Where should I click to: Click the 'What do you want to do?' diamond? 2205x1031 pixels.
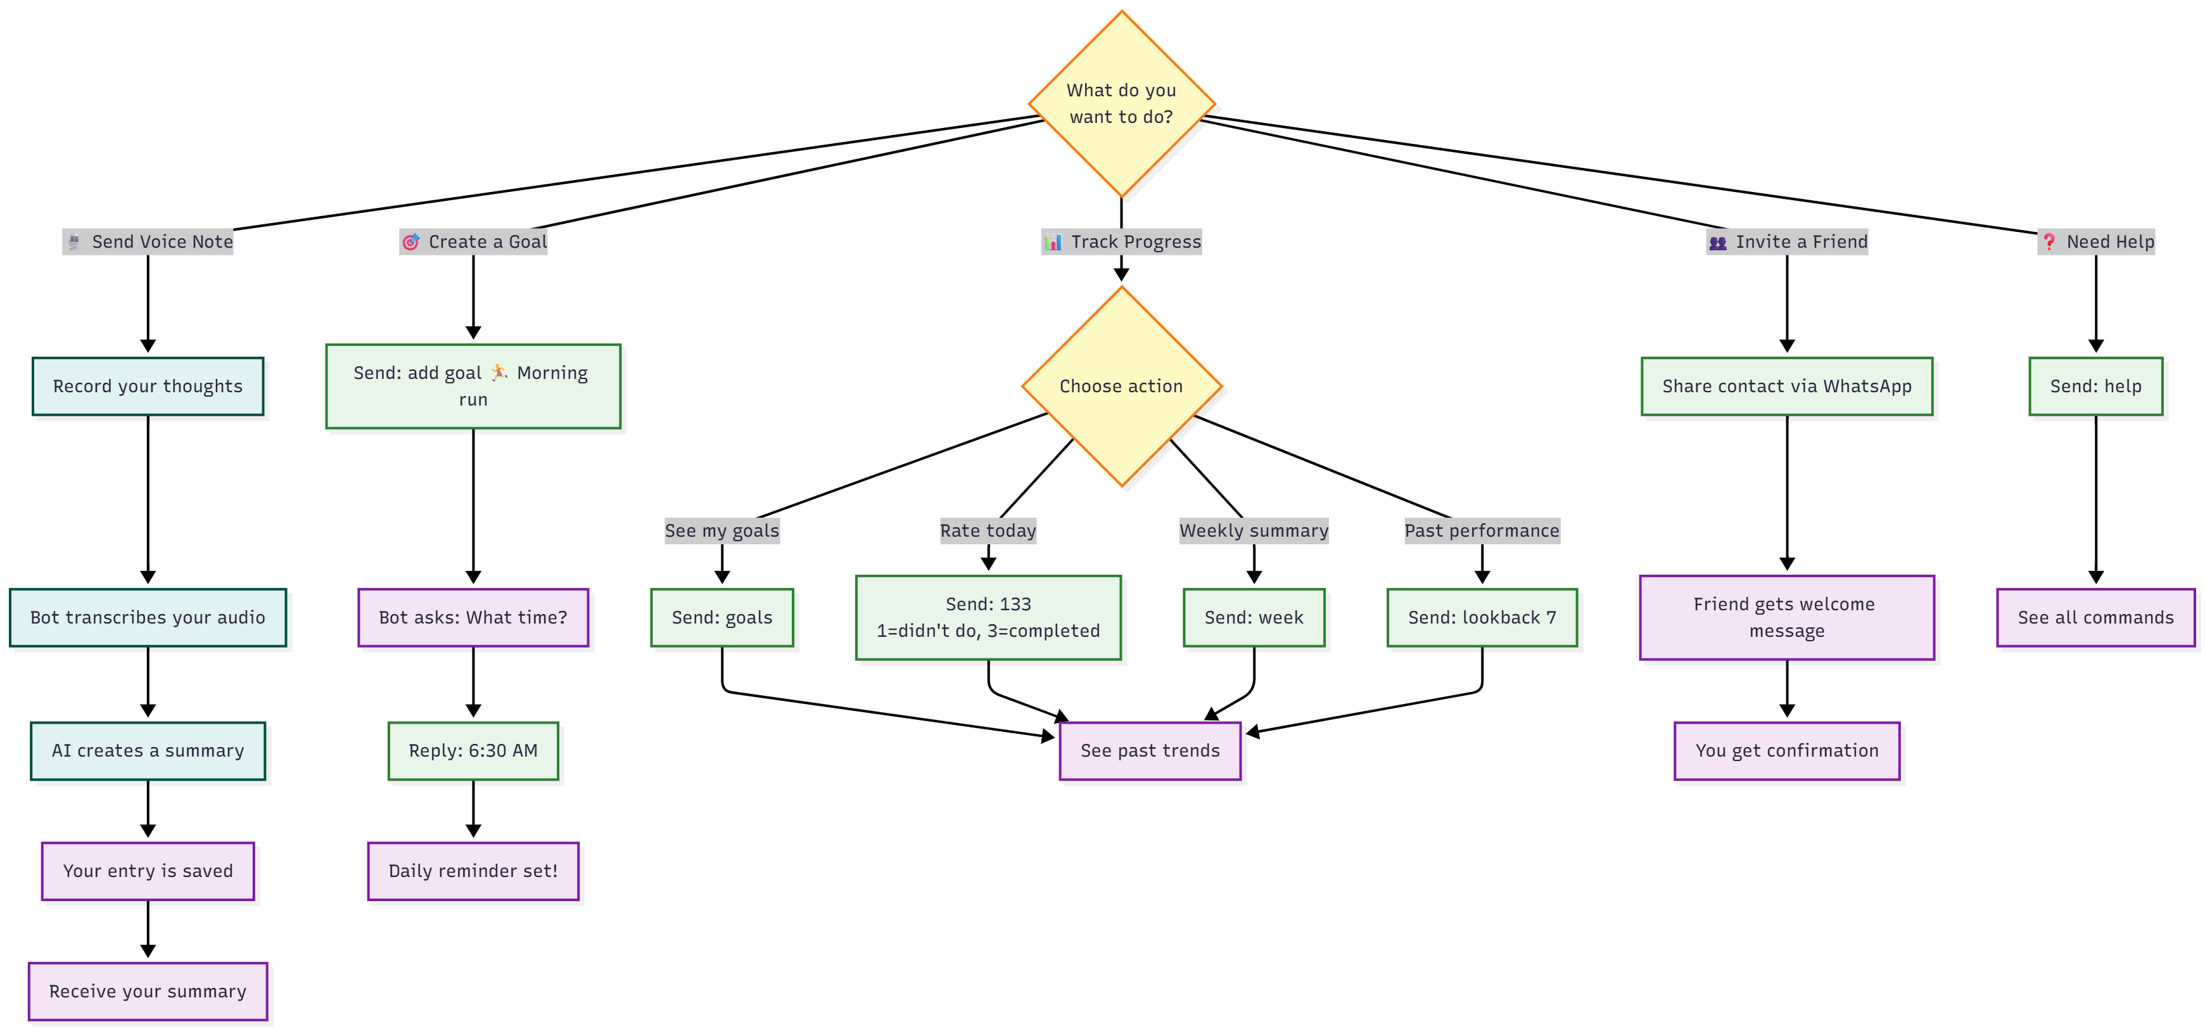pyautogui.click(x=1121, y=104)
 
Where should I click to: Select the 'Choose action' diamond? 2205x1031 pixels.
pyautogui.click(x=1121, y=386)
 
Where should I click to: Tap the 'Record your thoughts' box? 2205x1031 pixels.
pyautogui.click(x=148, y=386)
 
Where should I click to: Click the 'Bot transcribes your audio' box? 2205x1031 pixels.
pyautogui.click(x=148, y=617)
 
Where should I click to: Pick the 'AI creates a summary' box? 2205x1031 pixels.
pyautogui.click(x=148, y=751)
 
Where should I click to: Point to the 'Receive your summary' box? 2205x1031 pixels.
pyautogui.click(x=148, y=992)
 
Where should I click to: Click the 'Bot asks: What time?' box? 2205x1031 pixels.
pyautogui.click(x=473, y=617)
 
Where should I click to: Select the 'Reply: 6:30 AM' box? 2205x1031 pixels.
pyautogui.click(x=473, y=751)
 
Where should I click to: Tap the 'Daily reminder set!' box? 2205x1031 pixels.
pyautogui.click(x=473, y=871)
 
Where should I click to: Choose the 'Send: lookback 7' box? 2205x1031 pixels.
pyautogui.click(x=1482, y=617)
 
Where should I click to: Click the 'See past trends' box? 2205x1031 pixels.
pyautogui.click(x=1150, y=751)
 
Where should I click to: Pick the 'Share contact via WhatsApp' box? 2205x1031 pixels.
pyautogui.click(x=1786, y=386)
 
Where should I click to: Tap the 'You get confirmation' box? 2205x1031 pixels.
pyautogui.click(x=1786, y=751)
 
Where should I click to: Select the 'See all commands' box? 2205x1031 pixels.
pyautogui.click(x=2095, y=617)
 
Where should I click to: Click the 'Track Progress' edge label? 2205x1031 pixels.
pyautogui.click(x=1121, y=241)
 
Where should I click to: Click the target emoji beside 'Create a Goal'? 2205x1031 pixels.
pyautogui.click(x=411, y=242)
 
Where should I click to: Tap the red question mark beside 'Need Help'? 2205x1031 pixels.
pyautogui.click(x=2049, y=242)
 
